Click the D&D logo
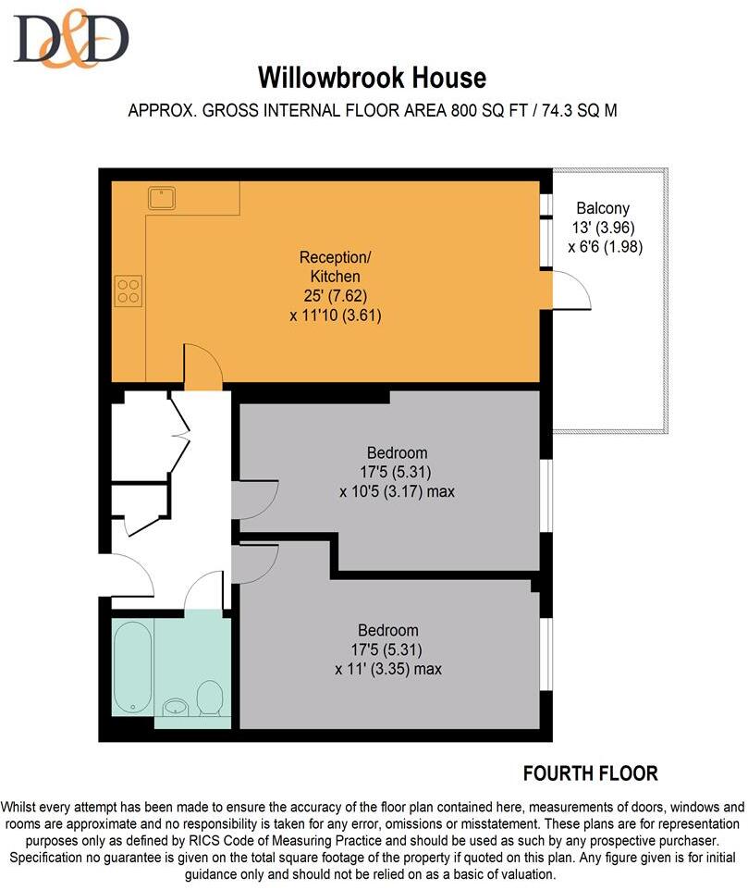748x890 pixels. (70, 40)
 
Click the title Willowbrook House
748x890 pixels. (372, 76)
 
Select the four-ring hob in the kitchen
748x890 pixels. (129, 290)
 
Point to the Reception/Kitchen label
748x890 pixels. (329, 266)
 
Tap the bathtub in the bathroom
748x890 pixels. (131, 666)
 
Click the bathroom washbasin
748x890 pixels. (175, 708)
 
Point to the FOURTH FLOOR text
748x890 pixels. (590, 773)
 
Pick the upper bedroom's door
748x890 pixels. (253, 500)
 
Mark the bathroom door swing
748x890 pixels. (203, 594)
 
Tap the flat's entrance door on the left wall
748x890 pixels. (129, 575)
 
